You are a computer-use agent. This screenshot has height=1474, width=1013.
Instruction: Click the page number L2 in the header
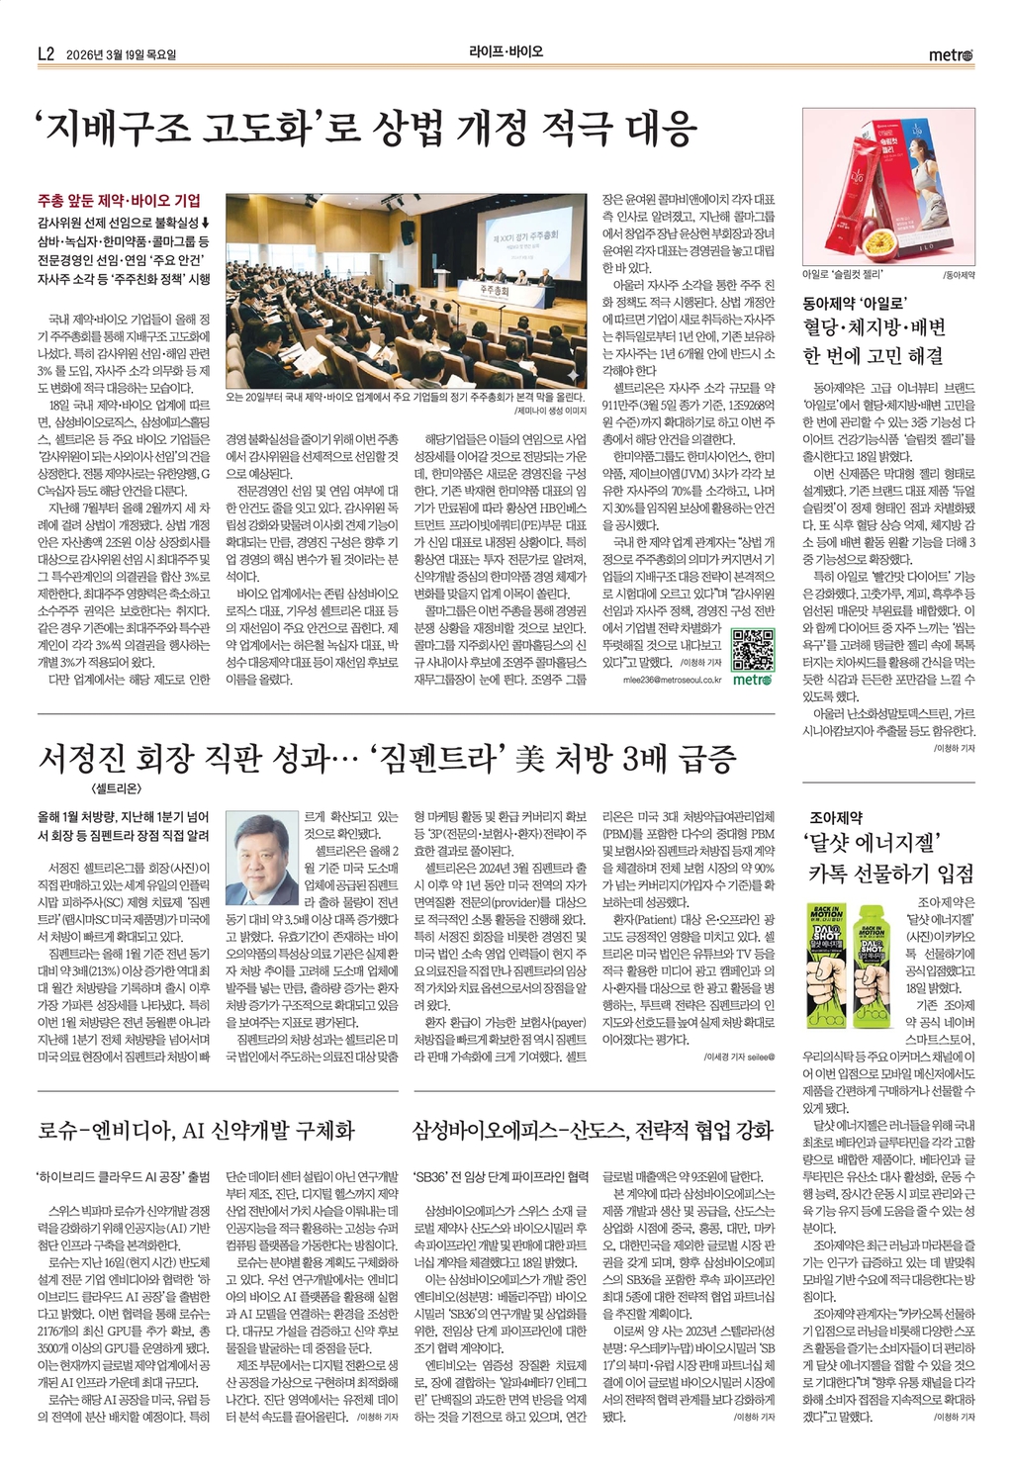click(45, 55)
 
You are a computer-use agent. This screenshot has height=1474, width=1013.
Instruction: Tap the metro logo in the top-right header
click(952, 55)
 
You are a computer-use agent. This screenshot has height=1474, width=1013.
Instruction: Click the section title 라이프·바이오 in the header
click(506, 51)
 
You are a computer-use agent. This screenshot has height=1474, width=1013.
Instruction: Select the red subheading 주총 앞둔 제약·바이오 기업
click(119, 201)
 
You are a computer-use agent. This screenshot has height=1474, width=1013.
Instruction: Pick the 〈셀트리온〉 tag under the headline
click(116, 788)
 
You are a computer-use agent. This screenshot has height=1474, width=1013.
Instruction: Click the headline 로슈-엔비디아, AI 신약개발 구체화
click(196, 1130)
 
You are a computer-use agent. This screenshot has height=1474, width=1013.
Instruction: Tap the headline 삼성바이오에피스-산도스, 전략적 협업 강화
click(592, 1130)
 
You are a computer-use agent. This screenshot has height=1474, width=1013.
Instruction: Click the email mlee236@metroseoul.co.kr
click(672, 681)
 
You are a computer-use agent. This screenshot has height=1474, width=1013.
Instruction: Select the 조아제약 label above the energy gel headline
click(836, 817)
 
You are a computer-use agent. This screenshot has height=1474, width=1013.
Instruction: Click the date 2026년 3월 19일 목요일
click(121, 55)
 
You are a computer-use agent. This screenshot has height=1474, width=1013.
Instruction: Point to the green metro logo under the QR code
click(753, 680)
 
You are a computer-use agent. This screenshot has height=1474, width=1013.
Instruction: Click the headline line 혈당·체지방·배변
click(874, 328)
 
